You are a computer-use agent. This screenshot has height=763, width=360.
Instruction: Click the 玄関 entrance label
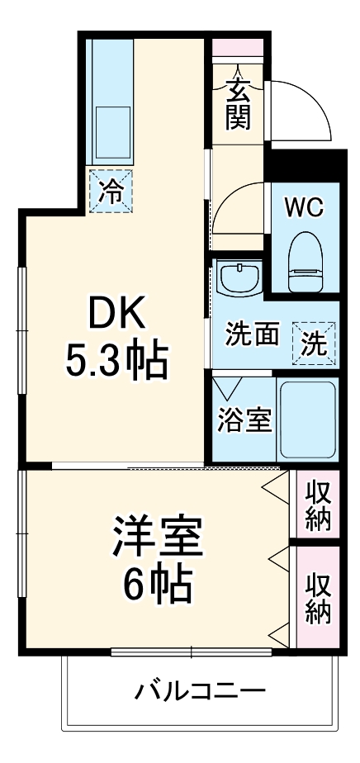coord(238,102)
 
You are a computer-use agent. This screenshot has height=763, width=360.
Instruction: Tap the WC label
coord(304,206)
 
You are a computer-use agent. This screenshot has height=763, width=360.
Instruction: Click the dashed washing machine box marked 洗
coord(314,342)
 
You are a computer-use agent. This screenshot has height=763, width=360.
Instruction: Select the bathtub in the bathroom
coord(307,420)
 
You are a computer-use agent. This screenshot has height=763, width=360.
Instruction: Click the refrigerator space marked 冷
coord(111,192)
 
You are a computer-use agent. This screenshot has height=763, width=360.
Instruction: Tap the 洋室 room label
coord(157,537)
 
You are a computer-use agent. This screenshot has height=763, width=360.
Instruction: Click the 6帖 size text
coord(157,585)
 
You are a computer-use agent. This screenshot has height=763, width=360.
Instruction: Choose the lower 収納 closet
coord(318,597)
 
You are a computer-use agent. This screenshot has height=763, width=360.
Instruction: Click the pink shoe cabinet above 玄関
coord(238,47)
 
